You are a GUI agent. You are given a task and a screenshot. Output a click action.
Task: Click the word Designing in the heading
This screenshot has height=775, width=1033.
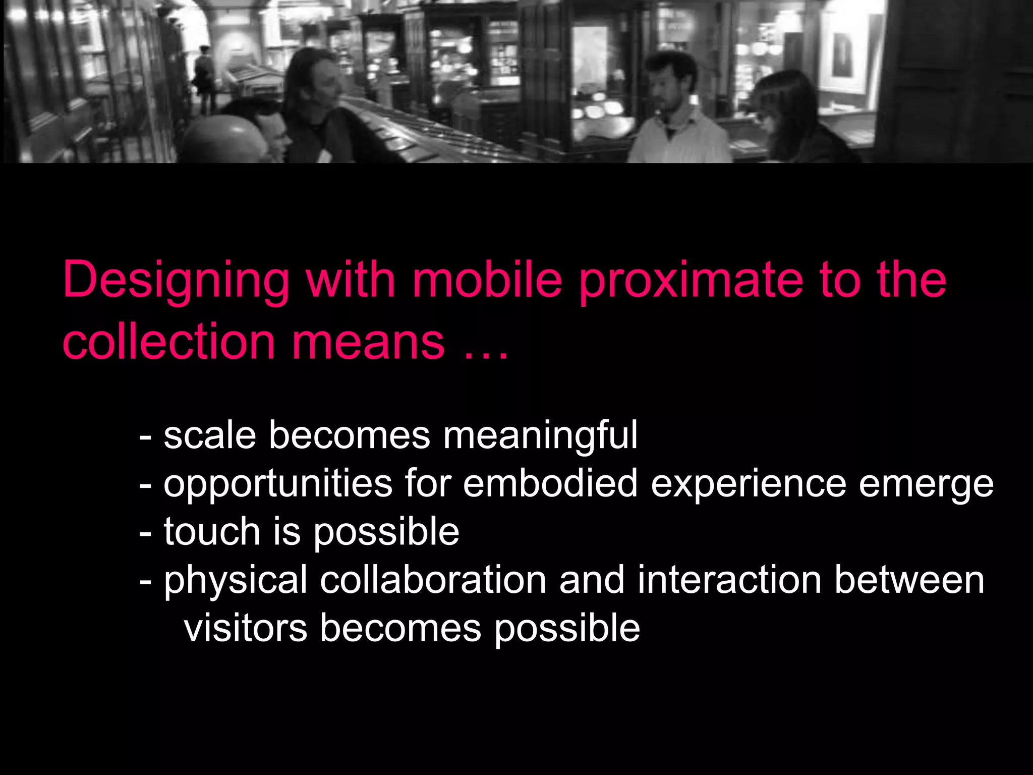tap(176, 281)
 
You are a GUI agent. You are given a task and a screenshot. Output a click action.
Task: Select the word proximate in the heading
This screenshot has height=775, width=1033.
tap(691, 281)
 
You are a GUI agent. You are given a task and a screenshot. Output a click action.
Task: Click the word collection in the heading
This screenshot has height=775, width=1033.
tap(168, 342)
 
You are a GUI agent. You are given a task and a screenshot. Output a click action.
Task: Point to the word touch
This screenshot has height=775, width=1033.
tap(212, 531)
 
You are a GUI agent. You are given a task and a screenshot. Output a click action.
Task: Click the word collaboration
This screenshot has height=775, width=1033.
tap(433, 580)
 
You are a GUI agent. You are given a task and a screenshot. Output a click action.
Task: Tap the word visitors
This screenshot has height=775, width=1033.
tap(246, 628)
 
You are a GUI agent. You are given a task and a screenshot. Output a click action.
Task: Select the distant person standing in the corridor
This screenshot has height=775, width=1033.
tap(204, 76)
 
